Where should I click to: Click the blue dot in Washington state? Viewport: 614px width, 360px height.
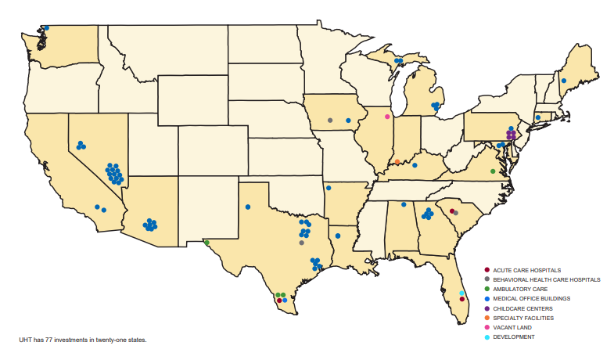[x=46, y=28]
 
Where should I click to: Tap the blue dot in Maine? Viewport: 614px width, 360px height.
[x=563, y=81]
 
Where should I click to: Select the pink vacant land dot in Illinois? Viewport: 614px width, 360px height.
[x=387, y=117]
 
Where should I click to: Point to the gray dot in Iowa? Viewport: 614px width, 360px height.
[x=330, y=121]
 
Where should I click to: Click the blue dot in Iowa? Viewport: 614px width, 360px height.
[x=348, y=121]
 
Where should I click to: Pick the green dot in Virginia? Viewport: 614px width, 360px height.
[x=493, y=171]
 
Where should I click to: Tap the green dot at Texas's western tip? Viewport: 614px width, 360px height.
[x=207, y=243]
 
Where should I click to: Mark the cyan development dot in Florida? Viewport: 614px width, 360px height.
[x=461, y=293]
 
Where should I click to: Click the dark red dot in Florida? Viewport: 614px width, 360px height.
[x=462, y=300]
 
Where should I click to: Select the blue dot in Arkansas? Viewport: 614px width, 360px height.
[x=329, y=188]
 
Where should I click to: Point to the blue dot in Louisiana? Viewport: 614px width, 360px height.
[x=338, y=235]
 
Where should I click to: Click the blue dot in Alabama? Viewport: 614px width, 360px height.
[x=404, y=205]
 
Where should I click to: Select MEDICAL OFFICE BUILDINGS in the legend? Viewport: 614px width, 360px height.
[x=531, y=298]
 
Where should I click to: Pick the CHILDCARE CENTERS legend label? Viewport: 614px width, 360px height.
[x=522, y=308]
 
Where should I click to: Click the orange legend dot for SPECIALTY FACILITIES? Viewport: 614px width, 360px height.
[x=487, y=318]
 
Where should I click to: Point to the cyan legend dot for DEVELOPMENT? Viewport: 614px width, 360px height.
[x=487, y=337]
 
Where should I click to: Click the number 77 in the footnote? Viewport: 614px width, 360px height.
[x=50, y=340]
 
